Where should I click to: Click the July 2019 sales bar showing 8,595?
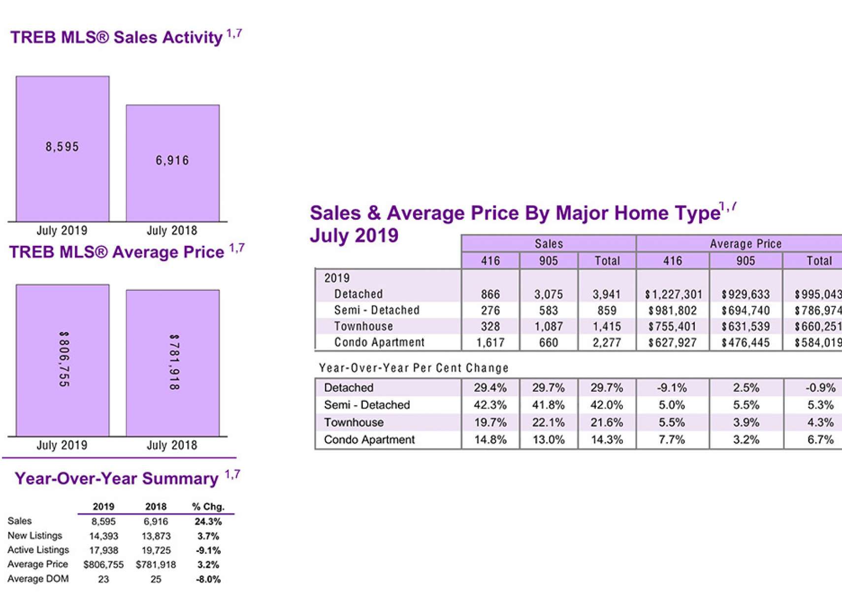point(63,148)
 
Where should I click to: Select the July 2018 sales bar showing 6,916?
point(172,163)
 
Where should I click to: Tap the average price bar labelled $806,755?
point(63,360)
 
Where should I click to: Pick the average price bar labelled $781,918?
point(172,363)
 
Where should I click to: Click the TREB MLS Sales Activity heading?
point(116,37)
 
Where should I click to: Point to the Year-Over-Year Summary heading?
point(117,478)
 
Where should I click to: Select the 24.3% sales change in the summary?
point(208,521)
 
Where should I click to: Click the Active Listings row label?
point(38,550)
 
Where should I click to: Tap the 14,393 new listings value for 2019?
point(103,536)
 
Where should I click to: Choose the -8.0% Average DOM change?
point(208,579)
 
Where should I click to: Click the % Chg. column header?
point(208,507)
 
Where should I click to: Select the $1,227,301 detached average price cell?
point(673,295)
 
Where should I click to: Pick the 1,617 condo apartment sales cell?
point(490,342)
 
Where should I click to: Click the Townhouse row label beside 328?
point(363,326)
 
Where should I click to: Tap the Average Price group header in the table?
point(745,243)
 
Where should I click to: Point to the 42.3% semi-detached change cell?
point(490,405)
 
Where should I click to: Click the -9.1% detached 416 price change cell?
point(672,388)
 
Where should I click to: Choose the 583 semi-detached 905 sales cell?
point(548,310)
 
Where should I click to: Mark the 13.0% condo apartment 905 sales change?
point(548,440)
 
